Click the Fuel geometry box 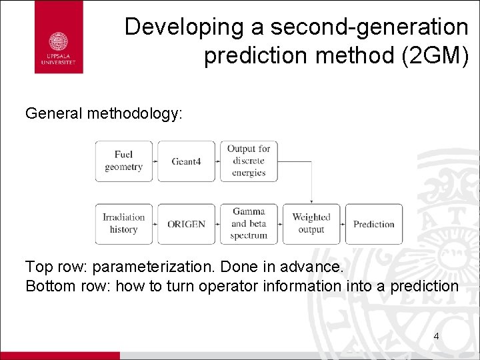click(123, 161)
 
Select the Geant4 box click(186, 161)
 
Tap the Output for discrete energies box click(249, 161)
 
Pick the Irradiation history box click(123, 223)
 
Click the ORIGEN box click(186, 224)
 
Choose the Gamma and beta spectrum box click(249, 223)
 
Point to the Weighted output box click(311, 223)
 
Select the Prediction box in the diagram click(373, 224)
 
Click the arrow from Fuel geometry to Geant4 click(155, 161)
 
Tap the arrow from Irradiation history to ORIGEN click(155, 224)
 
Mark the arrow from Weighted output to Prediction click(343, 224)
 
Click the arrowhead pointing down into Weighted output click(311, 201)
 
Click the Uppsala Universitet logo click(59, 37)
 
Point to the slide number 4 click(436, 336)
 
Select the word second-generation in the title click(354, 27)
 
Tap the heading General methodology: click(103, 113)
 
